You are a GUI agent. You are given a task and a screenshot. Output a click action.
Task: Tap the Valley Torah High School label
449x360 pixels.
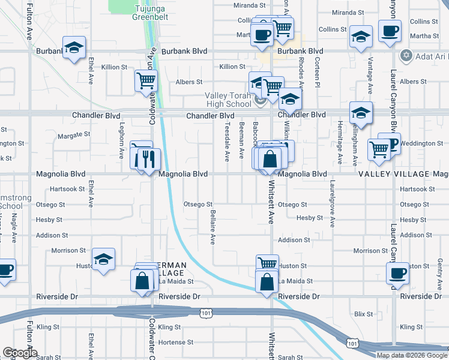228,100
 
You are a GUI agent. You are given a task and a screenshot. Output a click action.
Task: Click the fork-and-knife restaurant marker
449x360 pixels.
148,159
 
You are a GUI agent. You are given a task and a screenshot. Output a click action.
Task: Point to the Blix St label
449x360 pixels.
364,314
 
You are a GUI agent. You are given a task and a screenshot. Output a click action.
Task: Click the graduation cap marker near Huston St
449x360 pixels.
103,260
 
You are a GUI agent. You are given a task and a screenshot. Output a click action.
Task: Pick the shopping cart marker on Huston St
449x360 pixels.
267,264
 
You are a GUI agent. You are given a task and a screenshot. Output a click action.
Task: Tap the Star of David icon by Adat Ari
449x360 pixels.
406,55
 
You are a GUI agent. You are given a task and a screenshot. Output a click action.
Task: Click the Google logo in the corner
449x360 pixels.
19,353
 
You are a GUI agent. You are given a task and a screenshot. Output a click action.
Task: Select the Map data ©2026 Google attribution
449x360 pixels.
412,355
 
